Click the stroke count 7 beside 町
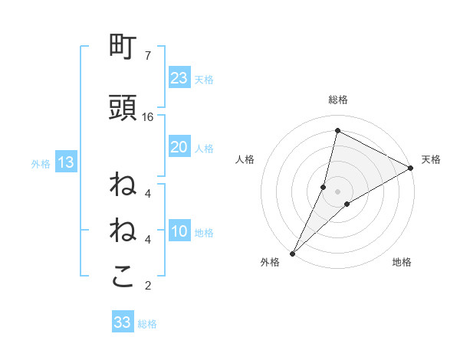[x=147, y=55]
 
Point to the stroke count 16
[x=148, y=116]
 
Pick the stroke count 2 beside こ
[x=147, y=286]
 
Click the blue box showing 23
[x=179, y=77]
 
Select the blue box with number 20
[x=179, y=147]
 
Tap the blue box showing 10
[x=179, y=232]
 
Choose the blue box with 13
[x=66, y=162]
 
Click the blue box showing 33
[x=123, y=322]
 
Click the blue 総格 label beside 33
[x=147, y=324]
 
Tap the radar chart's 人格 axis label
[x=245, y=159]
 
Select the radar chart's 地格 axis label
[x=402, y=263]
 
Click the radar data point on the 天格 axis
[x=411, y=168]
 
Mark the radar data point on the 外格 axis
[x=292, y=253]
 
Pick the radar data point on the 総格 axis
[x=337, y=131]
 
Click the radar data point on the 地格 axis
[x=347, y=203]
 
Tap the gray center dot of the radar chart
[x=337, y=191]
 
